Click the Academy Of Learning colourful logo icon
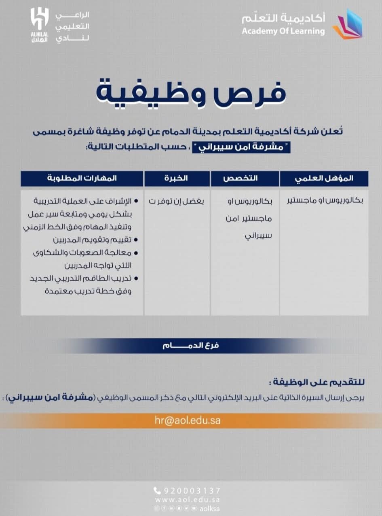click(x=347, y=25)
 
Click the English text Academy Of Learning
click(x=283, y=31)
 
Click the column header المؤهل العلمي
click(x=324, y=178)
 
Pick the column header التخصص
click(x=245, y=178)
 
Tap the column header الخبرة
click(x=177, y=178)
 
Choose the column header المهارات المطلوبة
click(x=82, y=178)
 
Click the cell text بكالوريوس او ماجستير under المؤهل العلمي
click(x=324, y=201)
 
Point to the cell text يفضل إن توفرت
click(x=176, y=201)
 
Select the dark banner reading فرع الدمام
click(x=191, y=346)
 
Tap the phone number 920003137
click(x=192, y=491)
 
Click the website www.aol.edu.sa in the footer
click(x=187, y=500)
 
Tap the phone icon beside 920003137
click(x=157, y=491)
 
